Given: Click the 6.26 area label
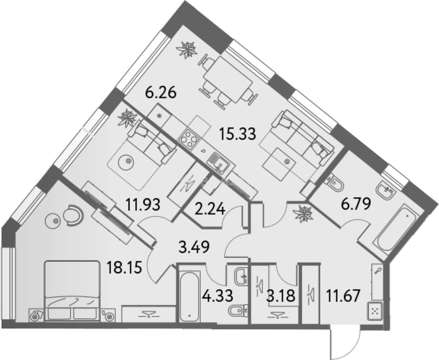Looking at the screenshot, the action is click(161, 93).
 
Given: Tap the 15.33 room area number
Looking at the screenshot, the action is click(238, 134).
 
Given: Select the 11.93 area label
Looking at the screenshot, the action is click(143, 205).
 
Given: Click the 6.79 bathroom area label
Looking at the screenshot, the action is click(356, 204).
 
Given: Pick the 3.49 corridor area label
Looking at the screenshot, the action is click(194, 247).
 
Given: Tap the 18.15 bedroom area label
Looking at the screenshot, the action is click(124, 268).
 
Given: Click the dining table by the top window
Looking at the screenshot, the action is click(228, 80).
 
